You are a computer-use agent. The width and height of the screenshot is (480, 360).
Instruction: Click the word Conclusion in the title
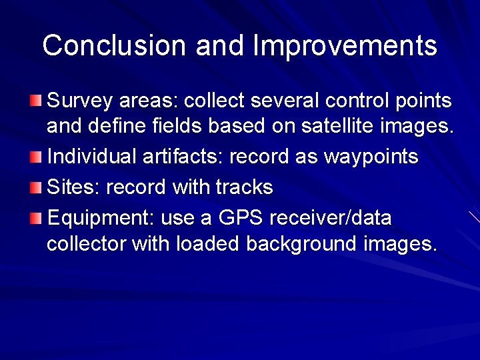point(114,45)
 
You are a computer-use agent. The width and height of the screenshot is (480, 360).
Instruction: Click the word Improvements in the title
point(345,45)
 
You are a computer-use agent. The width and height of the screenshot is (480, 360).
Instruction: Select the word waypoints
point(371,157)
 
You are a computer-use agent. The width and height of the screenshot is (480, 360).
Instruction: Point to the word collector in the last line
point(86,244)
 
